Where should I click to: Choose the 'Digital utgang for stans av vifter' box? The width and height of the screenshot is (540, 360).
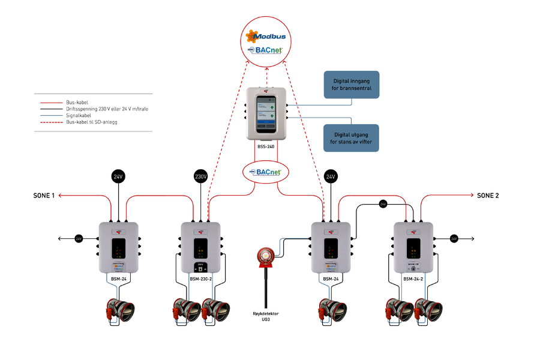click(352, 138)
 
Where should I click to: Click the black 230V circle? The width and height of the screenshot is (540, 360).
click(200, 177)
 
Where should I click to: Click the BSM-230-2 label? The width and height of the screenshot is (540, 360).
click(200, 279)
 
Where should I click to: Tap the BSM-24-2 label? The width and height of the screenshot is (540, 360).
click(414, 279)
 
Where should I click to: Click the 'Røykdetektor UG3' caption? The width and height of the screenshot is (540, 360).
click(265, 316)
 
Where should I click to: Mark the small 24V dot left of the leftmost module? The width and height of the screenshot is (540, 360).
click(79, 239)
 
